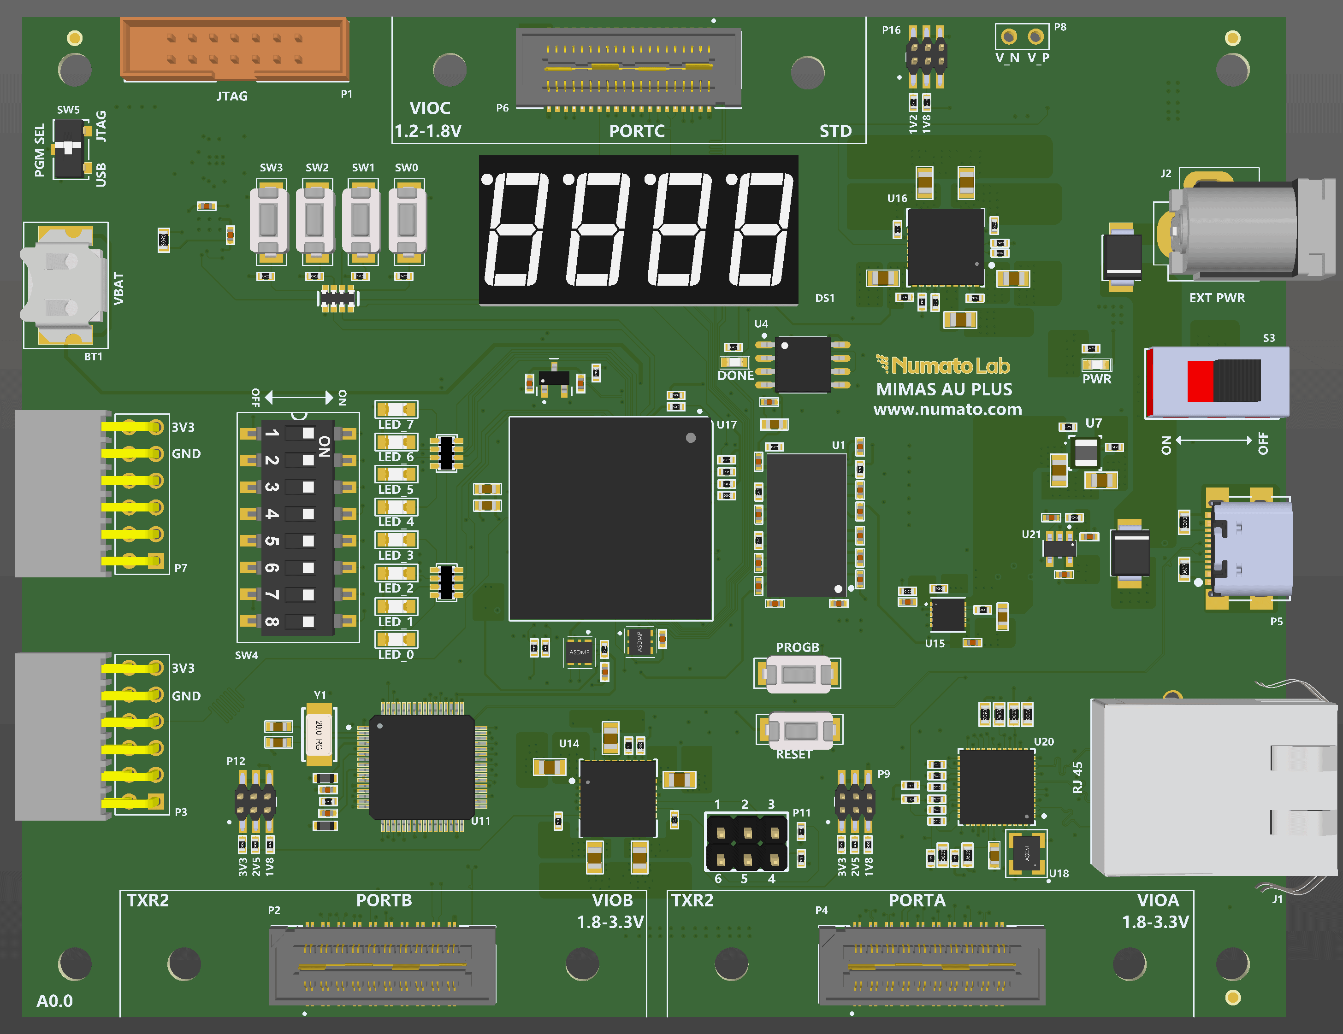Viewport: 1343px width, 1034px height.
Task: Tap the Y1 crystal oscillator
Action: pyautogui.click(x=319, y=734)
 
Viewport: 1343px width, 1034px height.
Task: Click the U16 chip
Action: pyautogui.click(x=945, y=247)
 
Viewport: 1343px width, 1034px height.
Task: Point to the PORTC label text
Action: pyautogui.click(x=636, y=131)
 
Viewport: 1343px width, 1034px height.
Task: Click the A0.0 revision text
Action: pyautogui.click(x=55, y=1001)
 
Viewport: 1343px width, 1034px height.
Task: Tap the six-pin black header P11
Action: pyautogui.click(x=746, y=843)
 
